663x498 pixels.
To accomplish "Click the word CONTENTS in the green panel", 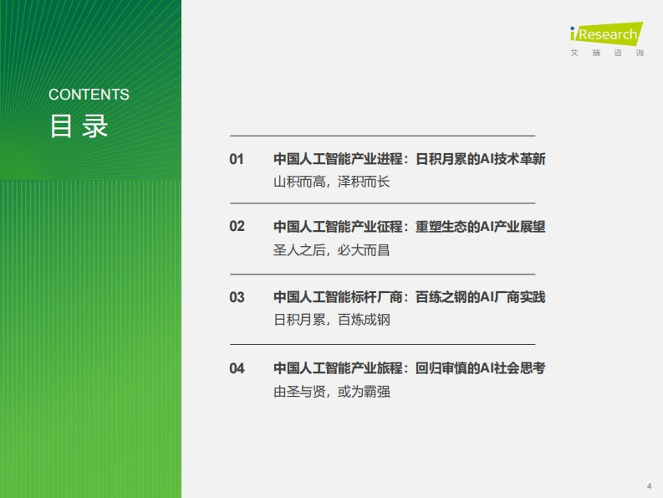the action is [x=89, y=95].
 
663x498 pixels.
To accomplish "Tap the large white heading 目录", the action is [x=79, y=126].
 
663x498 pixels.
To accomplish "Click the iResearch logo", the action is [x=606, y=33].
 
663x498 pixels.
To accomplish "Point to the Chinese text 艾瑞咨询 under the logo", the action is [x=607, y=53].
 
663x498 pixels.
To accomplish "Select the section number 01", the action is [x=237, y=159].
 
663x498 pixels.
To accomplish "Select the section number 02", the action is [x=237, y=226].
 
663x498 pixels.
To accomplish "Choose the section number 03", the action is [x=237, y=297].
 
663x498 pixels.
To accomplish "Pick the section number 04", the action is [x=237, y=368].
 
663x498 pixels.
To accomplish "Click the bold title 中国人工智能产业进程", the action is [x=338, y=159].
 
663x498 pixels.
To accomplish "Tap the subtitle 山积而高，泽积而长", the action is [x=331, y=182].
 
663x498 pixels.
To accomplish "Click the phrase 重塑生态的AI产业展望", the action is [x=481, y=227].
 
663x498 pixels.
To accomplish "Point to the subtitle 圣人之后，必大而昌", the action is [x=331, y=250].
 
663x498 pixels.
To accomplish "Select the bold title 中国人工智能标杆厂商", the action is [x=338, y=297].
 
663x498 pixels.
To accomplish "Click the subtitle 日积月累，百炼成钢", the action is [x=331, y=320].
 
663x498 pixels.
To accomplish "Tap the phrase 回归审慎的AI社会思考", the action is [x=481, y=368].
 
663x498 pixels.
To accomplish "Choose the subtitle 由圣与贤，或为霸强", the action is [x=331, y=392].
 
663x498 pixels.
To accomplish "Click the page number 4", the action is [x=649, y=485].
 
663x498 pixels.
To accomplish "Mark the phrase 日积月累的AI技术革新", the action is [x=481, y=159].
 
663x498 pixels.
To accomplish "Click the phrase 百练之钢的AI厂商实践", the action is [x=481, y=297].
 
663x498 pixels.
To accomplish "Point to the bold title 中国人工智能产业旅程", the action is [x=338, y=368].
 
